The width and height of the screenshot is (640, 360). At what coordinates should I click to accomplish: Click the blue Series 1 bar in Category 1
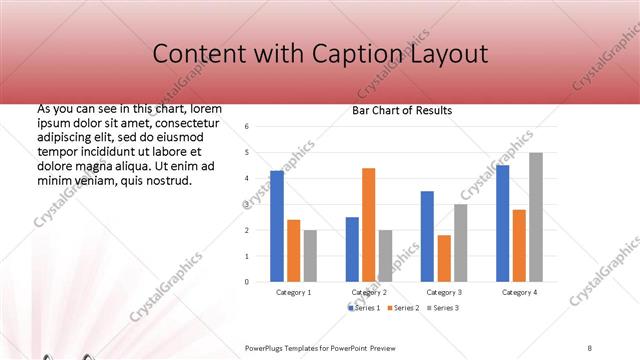coord(277,226)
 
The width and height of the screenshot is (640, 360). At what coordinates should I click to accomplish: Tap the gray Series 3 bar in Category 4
coord(536,217)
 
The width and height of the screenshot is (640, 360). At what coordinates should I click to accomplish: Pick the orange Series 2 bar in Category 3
coord(443,258)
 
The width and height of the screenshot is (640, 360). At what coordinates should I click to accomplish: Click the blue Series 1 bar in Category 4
coord(502,223)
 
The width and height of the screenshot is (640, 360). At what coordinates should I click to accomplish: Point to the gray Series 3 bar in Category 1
coord(310,256)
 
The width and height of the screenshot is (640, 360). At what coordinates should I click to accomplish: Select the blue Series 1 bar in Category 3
coord(427,236)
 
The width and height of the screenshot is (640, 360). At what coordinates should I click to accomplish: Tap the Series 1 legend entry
coord(364,307)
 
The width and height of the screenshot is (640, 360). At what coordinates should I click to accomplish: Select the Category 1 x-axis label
coord(293,292)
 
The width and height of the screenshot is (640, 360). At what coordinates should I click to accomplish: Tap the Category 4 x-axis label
coord(518,292)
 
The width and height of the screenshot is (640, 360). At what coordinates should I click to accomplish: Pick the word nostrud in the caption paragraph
coord(162,180)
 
